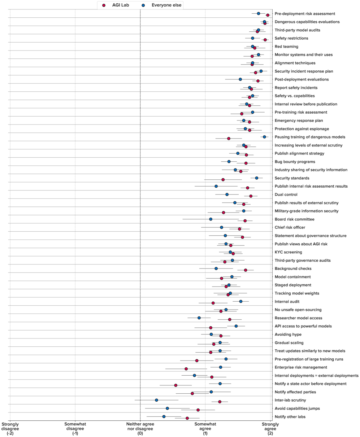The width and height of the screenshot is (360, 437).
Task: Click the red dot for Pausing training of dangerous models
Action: (x=229, y=139)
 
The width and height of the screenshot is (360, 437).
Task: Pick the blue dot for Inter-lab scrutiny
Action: (x=156, y=400)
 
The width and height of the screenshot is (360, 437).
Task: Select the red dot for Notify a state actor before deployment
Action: (x=175, y=385)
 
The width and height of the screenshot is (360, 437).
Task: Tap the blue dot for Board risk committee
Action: (x=211, y=219)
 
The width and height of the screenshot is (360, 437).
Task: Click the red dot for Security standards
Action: (x=223, y=180)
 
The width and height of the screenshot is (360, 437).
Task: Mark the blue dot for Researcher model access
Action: (x=199, y=318)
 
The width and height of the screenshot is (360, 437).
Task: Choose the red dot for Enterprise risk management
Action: (x=186, y=369)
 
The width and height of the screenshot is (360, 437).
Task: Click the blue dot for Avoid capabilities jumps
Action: (x=167, y=408)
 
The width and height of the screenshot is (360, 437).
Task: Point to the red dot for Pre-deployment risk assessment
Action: (x=268, y=15)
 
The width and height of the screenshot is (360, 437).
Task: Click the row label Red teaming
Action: (x=286, y=47)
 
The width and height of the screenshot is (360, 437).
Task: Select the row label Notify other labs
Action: (x=290, y=417)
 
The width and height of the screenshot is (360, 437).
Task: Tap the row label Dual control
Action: (x=286, y=195)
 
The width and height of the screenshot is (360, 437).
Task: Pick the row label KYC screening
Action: (x=288, y=252)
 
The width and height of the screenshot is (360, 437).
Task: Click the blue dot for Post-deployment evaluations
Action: (x=240, y=79)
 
